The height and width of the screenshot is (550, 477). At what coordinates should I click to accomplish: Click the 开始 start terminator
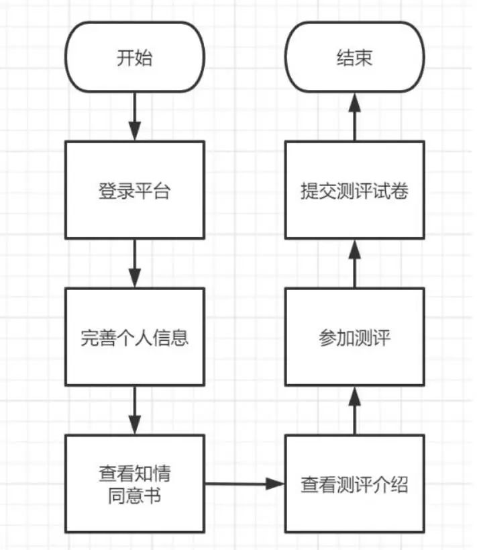click(134, 58)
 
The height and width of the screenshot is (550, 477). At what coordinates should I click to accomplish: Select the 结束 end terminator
click(354, 58)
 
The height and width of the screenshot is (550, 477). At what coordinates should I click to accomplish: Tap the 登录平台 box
click(134, 190)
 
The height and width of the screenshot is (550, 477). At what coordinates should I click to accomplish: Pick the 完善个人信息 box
click(134, 337)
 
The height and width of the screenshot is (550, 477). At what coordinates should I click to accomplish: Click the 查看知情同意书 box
click(134, 484)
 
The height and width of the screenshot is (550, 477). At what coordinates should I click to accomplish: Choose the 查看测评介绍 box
click(354, 484)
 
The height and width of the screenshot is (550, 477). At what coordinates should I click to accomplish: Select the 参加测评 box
click(354, 337)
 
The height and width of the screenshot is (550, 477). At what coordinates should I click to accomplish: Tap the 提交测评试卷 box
click(354, 190)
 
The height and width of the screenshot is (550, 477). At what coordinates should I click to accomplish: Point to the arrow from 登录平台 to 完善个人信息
click(134, 263)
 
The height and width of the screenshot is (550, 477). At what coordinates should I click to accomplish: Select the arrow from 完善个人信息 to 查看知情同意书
click(134, 410)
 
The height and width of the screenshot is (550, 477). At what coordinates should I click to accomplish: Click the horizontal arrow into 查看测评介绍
click(244, 484)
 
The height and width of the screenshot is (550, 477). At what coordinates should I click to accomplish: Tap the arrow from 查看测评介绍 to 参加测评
click(354, 410)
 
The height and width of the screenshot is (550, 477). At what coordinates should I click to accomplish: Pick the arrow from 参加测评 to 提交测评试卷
click(354, 263)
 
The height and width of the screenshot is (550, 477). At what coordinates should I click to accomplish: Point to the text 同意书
click(134, 498)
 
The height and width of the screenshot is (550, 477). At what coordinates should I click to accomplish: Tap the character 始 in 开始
click(144, 58)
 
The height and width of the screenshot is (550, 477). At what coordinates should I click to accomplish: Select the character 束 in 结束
click(363, 58)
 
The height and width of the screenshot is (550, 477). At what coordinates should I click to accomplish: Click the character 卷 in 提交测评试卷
click(399, 191)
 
